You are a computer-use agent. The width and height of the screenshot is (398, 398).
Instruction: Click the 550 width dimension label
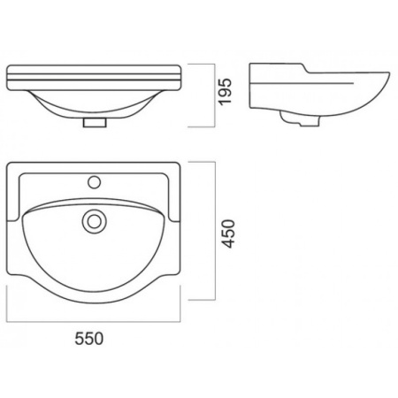coord(89,339)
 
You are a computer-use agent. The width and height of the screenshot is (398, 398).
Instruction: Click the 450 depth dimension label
coord(228,233)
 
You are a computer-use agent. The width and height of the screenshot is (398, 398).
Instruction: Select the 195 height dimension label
coord(226,91)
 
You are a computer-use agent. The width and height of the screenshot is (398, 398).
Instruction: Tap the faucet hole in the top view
coord(95,182)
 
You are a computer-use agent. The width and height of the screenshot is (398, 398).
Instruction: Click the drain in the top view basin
coord(95,221)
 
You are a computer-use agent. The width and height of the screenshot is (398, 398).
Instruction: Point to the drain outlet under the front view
coord(95,122)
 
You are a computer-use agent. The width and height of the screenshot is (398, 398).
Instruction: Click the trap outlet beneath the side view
coord(300,119)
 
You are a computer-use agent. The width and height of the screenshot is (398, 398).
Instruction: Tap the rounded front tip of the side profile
coord(388,73)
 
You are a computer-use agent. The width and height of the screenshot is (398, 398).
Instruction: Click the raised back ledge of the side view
coord(277,65)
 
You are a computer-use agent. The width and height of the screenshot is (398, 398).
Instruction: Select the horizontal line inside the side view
coord(302,83)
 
